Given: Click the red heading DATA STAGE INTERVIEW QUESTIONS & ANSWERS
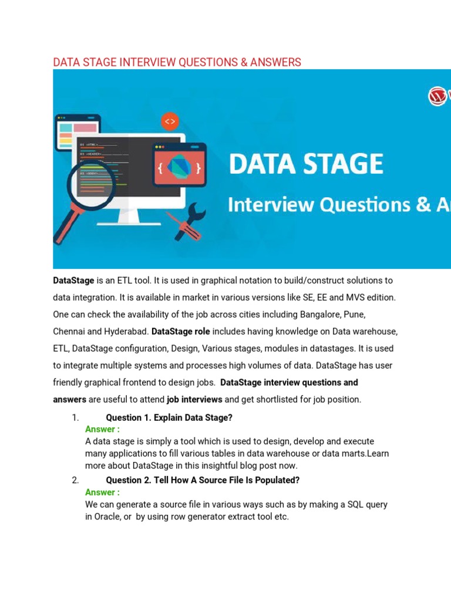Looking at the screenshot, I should pyautogui.click(x=177, y=62).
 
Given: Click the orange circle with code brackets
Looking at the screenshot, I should pyautogui.click(x=170, y=121).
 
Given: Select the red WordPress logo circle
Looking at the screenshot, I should pyautogui.click(x=437, y=96).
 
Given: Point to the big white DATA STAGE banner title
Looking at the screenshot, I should pyautogui.click(x=306, y=164).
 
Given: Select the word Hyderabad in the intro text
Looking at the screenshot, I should pyautogui.click(x=124, y=331).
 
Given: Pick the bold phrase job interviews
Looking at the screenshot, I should pyautogui.click(x=194, y=400).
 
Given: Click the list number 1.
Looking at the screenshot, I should pyautogui.click(x=75, y=418).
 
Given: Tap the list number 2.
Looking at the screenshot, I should pyautogui.click(x=75, y=480).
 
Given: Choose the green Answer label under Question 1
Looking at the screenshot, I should pyautogui.click(x=102, y=429).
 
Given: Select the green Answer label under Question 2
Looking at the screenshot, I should pyautogui.click(x=102, y=492).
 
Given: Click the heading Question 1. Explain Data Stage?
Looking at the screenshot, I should pyautogui.click(x=169, y=418).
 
